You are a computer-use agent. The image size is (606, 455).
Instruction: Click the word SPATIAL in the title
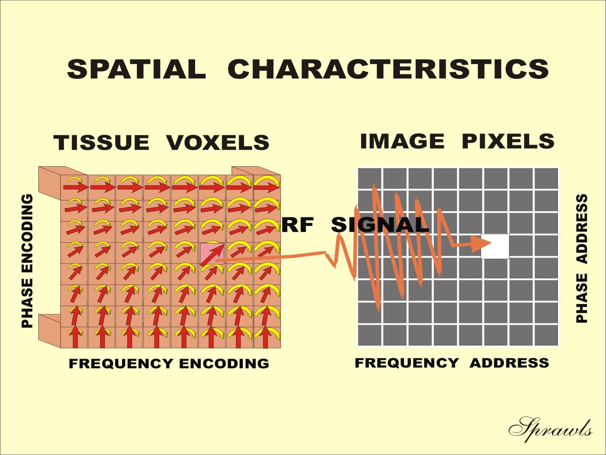pos(137,69)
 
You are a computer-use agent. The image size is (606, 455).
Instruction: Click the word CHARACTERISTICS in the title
pos(388,69)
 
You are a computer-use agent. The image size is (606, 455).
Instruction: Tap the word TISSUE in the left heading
pos(101,142)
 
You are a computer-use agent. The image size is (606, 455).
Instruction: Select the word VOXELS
pos(218,142)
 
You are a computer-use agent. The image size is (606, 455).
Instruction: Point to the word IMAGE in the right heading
pos(402,141)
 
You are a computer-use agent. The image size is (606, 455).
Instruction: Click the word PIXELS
pos(508,141)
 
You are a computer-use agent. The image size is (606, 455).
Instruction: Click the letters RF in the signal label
pos(298,224)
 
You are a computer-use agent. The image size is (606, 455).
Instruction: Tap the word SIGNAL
pos(380,224)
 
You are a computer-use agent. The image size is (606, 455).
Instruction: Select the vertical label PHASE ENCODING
pos(27,261)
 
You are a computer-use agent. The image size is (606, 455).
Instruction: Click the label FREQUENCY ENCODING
pos(169,364)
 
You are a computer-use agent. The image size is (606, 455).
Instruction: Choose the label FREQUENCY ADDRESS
pos(452,363)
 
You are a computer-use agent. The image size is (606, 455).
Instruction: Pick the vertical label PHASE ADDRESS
pos(582,258)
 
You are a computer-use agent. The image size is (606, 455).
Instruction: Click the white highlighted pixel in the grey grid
pos(495,246)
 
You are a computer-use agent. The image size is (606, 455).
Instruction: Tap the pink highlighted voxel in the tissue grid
pos(212,254)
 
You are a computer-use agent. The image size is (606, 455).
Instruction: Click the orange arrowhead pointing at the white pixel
pos(481,243)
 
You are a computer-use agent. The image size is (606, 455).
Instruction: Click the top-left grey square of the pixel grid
pos(369,179)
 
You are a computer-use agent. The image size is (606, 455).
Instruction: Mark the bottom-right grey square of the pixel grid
pos(546,335)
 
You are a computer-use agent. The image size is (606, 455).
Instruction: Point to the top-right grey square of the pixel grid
pos(546,179)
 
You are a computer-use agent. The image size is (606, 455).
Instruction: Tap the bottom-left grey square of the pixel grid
pos(369,335)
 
